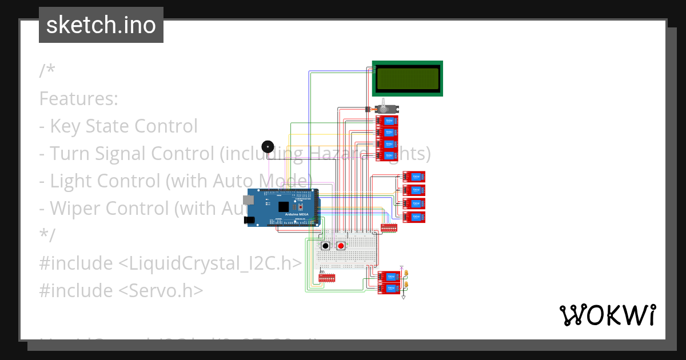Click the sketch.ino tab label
click(101, 25)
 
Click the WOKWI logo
click(607, 315)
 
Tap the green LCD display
click(407, 78)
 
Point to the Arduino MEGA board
click(283, 207)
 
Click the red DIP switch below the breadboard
click(327, 277)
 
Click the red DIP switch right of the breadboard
click(389, 227)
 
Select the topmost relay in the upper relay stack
click(388, 121)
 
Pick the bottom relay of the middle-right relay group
click(413, 217)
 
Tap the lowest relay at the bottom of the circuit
click(389, 289)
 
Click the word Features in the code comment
click(78, 99)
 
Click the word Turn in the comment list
click(70, 154)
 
